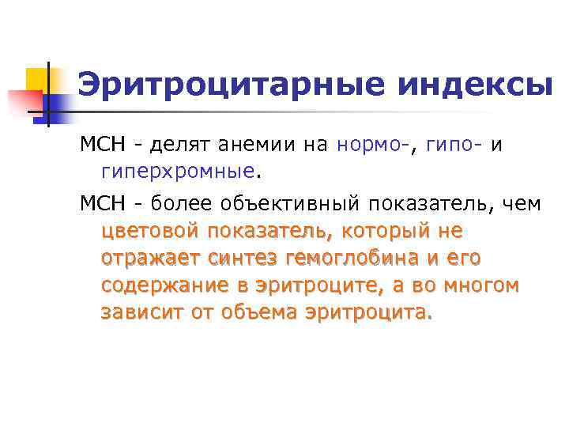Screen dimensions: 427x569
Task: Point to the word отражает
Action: click(x=150, y=259)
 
